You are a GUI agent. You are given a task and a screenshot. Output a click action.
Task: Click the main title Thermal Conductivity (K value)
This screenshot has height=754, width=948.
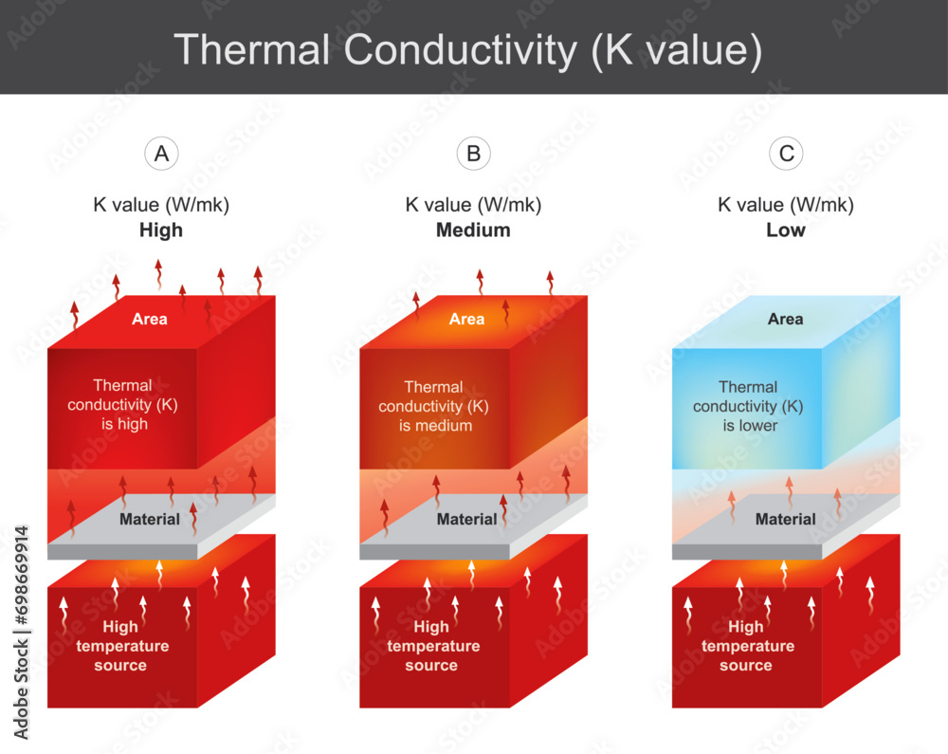(467, 49)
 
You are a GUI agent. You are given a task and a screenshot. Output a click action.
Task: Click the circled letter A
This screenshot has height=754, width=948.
(162, 154)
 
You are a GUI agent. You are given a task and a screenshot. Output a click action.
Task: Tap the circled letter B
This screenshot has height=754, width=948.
(473, 154)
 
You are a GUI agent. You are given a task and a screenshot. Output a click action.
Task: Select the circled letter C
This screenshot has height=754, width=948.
(786, 154)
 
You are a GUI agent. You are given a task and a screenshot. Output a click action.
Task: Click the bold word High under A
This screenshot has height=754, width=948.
(161, 230)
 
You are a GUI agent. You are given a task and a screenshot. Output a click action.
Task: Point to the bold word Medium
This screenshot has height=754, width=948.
(473, 230)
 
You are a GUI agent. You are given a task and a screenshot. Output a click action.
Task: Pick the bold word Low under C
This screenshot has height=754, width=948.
(786, 230)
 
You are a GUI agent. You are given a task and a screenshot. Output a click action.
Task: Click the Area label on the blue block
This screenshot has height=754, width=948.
(785, 320)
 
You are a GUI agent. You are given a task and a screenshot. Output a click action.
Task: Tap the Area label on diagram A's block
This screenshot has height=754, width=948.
(150, 319)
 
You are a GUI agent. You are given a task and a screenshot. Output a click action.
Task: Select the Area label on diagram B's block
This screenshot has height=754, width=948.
(466, 319)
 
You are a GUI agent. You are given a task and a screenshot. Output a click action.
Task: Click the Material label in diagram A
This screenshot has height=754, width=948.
(150, 519)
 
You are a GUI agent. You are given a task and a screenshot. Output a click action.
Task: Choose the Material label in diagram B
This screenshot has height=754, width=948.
(466, 519)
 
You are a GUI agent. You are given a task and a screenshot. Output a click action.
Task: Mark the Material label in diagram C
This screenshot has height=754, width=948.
(785, 519)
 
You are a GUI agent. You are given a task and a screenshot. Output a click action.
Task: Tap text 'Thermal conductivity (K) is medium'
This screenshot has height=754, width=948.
(434, 406)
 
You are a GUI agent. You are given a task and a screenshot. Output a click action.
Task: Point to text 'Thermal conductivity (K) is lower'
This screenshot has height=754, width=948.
(748, 406)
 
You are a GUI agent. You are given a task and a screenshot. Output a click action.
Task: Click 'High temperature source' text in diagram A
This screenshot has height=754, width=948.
(120, 646)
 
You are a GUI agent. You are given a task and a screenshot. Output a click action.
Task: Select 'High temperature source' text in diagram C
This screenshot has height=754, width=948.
(746, 646)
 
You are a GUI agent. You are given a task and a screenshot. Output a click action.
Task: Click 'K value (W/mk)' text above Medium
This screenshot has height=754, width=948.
(473, 204)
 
